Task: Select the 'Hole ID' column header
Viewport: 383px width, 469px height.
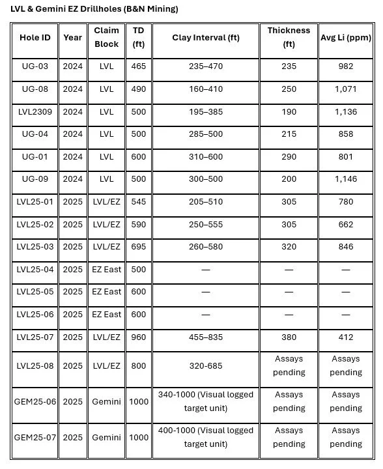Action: pos(34,37)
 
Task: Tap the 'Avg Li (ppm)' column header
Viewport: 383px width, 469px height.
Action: pos(345,37)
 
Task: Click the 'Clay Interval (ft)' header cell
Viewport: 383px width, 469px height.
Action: pos(206,37)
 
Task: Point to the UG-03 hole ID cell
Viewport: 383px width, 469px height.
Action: pos(34,66)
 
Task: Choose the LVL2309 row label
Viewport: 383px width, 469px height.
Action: pos(34,111)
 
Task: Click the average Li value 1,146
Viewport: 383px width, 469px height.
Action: pos(346,179)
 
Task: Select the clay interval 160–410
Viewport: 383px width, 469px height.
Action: pos(206,89)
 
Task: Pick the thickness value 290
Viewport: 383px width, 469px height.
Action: pos(289,156)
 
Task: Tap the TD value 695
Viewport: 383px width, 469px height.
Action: pos(139,247)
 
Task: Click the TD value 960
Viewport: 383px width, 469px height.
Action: pos(139,337)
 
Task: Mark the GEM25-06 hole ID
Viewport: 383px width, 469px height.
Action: pos(34,401)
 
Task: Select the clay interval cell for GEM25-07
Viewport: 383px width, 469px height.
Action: pos(206,437)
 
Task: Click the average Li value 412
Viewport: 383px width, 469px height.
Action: pos(346,337)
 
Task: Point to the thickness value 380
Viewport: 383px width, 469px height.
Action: pos(289,337)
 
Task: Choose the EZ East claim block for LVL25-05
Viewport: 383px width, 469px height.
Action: pos(106,292)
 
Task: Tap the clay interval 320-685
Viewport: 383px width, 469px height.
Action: pos(206,366)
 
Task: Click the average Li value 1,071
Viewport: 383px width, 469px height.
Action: pos(346,89)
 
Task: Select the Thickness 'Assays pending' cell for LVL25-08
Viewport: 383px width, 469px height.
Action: pos(289,365)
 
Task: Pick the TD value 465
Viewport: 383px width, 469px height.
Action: pos(139,66)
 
